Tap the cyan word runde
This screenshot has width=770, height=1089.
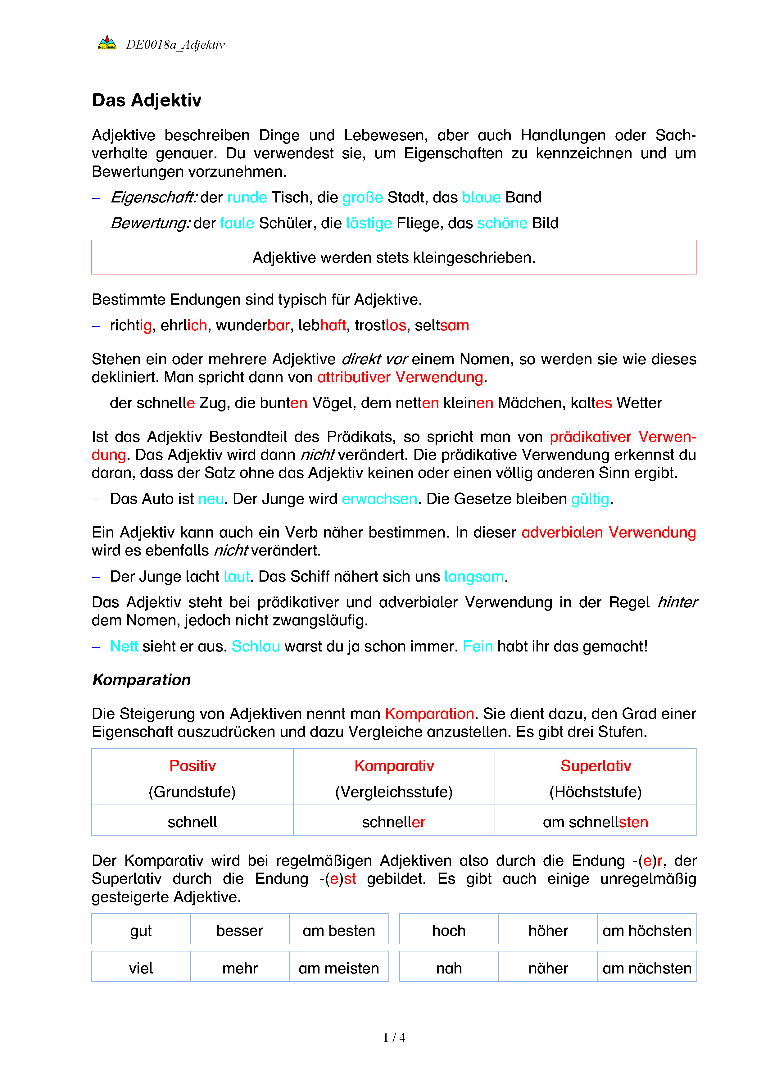coord(247,197)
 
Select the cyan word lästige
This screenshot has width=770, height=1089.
coord(369,223)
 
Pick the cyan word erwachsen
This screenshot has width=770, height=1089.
coord(379,499)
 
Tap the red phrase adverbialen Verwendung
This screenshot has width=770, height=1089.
coord(608,532)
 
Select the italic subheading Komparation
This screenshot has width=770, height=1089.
coord(141,680)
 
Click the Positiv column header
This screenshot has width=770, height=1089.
coord(192,765)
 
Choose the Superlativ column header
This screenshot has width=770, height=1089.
coord(596,765)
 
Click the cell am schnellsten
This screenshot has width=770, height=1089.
coord(596,822)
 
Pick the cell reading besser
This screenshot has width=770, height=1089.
coord(240,931)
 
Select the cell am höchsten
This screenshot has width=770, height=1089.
coord(647,931)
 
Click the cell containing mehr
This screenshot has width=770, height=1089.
coord(240,968)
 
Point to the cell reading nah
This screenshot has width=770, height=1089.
coord(449,968)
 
